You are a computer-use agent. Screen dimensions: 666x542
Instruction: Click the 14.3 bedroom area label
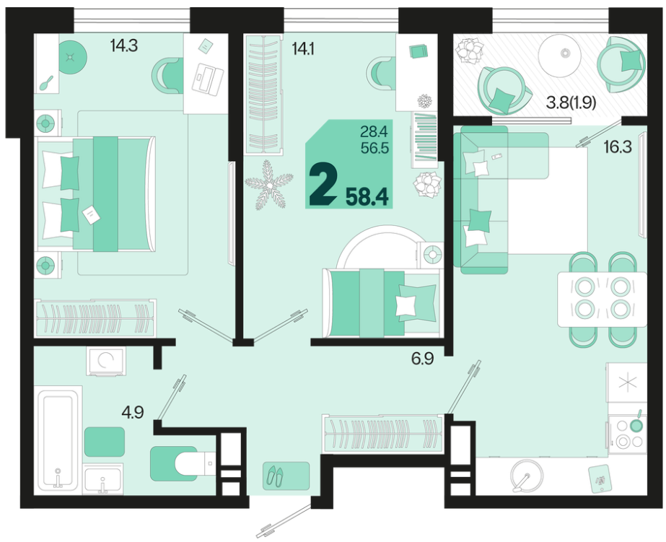point(124,45)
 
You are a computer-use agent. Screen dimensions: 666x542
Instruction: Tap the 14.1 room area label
point(303,49)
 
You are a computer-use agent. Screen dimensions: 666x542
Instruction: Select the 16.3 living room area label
point(618,147)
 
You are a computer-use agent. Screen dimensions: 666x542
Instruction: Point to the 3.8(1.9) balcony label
point(571,102)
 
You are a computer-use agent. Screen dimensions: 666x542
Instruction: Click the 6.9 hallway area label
point(422,359)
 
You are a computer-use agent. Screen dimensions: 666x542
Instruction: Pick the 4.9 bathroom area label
point(133,412)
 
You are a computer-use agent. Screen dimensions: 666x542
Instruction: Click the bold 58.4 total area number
point(367,197)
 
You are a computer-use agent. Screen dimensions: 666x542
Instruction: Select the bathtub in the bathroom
point(58,440)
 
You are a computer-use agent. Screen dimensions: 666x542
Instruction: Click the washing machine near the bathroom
point(105,361)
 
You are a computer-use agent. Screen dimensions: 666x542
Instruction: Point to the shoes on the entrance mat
point(275,476)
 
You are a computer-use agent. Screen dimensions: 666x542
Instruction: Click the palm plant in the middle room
point(269,185)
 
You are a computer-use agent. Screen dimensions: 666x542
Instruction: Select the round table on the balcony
point(559,54)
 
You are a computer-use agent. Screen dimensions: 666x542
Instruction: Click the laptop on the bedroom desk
point(208,77)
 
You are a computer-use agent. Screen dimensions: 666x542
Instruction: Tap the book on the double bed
point(92,215)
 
